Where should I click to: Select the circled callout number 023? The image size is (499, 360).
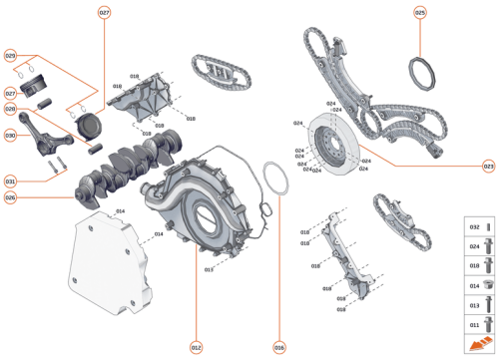point(488,166)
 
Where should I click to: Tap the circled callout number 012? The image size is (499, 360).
point(196,347)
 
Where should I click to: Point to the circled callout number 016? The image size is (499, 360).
point(278,347)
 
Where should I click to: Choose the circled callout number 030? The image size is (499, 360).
point(10,135)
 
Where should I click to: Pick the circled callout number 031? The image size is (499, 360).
point(10,181)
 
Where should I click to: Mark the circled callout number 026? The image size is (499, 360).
point(10,196)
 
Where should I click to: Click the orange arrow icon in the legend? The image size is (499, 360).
point(476,343)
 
